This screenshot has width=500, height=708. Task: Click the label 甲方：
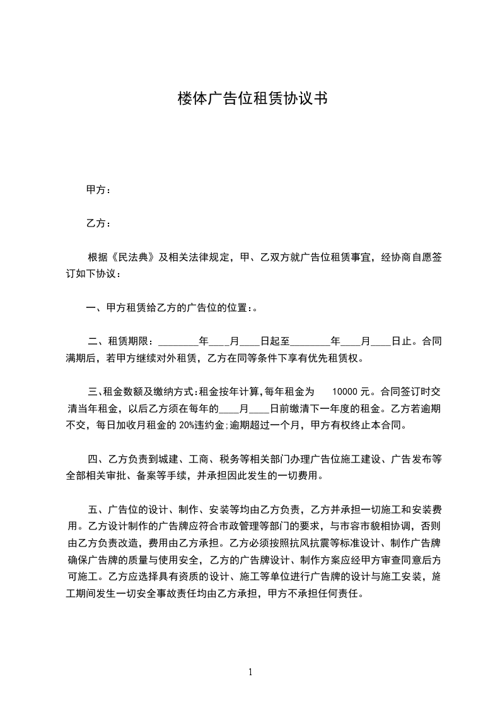(98, 190)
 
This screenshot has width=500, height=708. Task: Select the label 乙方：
(98, 223)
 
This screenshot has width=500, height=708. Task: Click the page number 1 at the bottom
(250, 672)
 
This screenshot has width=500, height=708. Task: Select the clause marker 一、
(95, 308)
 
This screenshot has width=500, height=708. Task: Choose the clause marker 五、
(95, 509)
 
